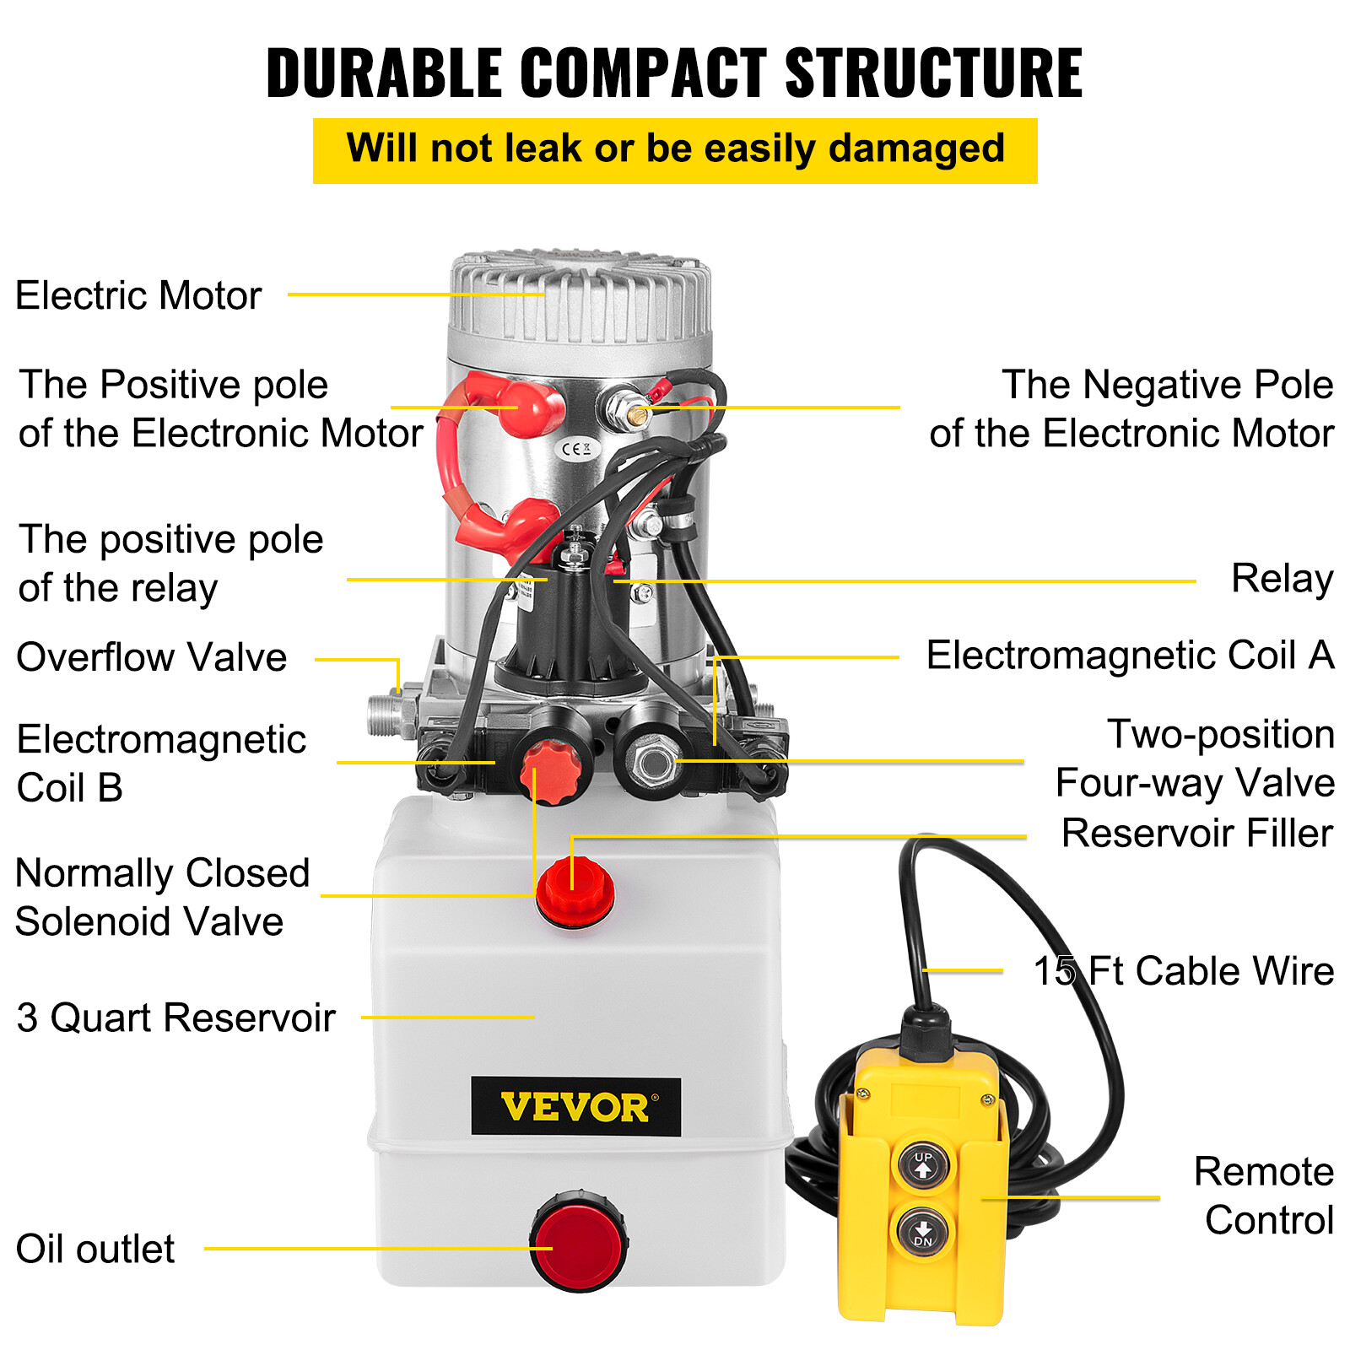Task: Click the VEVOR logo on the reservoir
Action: point(575,1107)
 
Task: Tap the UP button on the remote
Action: point(923,1165)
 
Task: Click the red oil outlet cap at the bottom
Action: point(579,1241)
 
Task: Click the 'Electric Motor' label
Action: point(138,296)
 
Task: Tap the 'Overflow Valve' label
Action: point(152,657)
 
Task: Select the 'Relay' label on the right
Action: point(1282,579)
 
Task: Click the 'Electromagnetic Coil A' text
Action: point(1130,656)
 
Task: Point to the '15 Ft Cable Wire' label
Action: point(1183,971)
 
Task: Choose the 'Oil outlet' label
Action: point(95,1249)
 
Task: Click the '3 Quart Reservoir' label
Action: point(175,1018)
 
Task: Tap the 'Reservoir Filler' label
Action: point(1196,834)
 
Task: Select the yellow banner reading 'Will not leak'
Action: point(675,150)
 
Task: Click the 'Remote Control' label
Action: point(1264,1196)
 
